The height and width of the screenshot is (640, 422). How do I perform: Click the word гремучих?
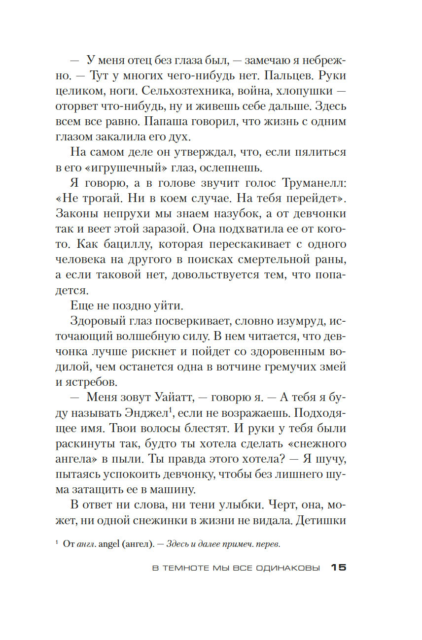click(287, 367)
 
